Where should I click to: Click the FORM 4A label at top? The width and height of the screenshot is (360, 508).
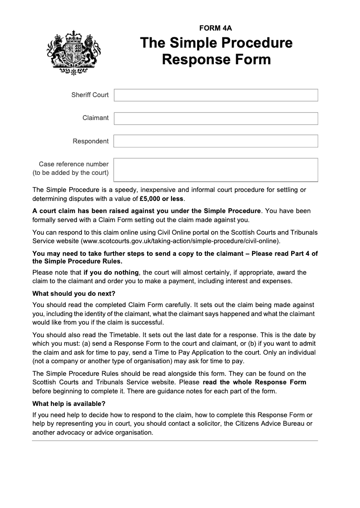coord(216,28)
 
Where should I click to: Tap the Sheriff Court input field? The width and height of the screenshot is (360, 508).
coord(216,95)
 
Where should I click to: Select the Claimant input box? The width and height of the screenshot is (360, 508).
coord(216,118)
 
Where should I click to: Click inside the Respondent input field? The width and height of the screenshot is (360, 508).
coord(216,141)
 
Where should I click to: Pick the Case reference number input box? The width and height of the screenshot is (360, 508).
coord(216,169)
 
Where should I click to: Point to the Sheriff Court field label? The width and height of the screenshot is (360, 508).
coord(90,95)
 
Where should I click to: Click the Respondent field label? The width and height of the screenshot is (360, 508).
coord(90,141)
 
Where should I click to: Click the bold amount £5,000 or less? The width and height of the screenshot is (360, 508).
coord(162,198)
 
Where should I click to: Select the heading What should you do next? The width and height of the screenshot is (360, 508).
coord(74,294)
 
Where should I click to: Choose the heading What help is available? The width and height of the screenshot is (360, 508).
coord(69,403)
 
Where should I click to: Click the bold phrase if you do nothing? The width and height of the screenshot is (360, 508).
coord(111,272)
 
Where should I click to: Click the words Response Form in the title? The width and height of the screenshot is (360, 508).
coord(216,59)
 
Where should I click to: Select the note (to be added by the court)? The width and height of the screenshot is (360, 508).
coord(71,173)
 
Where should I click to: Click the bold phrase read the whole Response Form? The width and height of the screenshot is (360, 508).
coord(254,382)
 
